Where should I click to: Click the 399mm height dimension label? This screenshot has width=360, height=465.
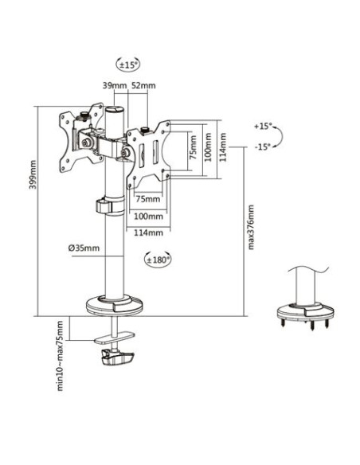click(33, 174)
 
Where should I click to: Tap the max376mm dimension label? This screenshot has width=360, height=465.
click(251, 227)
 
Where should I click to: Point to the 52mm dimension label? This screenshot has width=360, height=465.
click(143, 86)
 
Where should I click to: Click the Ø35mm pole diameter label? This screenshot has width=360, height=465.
click(84, 248)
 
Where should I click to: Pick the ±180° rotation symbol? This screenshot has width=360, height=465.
click(158, 260)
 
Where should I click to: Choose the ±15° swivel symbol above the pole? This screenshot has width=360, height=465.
click(127, 64)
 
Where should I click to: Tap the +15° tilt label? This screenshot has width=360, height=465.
click(263, 127)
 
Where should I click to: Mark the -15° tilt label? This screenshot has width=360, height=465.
click(263, 147)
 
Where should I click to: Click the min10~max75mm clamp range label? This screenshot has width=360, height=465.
click(60, 356)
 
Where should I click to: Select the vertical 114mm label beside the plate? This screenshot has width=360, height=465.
click(223, 147)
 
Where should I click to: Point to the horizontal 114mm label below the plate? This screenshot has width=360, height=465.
click(148, 232)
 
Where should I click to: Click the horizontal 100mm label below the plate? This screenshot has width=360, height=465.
click(148, 217)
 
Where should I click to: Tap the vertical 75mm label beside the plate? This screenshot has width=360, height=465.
click(194, 147)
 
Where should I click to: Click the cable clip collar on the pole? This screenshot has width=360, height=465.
click(110, 205)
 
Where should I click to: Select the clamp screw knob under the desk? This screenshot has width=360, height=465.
click(117, 357)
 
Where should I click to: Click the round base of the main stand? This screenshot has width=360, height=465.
click(114, 305)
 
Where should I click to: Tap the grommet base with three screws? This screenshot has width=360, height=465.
click(305, 315)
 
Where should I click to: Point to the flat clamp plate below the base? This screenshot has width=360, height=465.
click(114, 338)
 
